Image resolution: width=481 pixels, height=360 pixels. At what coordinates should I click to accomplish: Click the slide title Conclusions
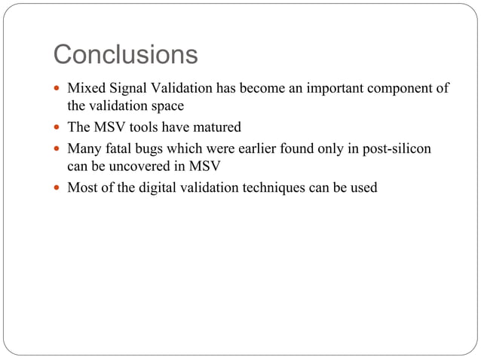point(125,55)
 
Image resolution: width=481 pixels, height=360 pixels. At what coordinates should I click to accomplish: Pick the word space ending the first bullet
point(167,106)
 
